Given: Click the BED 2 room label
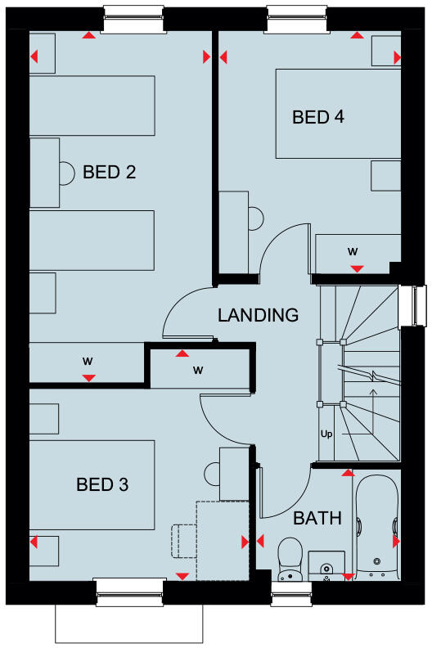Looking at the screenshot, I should point(109,173).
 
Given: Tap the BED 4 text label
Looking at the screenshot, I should point(317,117).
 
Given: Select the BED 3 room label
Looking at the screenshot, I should point(102,485).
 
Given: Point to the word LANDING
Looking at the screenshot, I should point(258,315).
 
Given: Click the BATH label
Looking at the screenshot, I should point(317,518).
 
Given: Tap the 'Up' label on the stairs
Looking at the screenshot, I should point(326,433).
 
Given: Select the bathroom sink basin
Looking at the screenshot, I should point(326,566).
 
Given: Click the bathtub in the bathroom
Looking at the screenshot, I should point(377,528).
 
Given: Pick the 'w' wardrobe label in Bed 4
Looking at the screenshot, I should point(353,250).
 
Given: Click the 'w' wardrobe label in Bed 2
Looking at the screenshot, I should point(88,360).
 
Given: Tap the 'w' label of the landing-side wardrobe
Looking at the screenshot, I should point(198,370).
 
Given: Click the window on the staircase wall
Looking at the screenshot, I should point(420,304).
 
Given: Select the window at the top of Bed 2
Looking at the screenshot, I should point(131,20).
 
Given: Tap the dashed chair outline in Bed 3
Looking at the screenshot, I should point(183,541).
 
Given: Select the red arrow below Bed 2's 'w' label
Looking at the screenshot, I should point(88,377).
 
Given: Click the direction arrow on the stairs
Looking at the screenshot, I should point(374,402).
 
